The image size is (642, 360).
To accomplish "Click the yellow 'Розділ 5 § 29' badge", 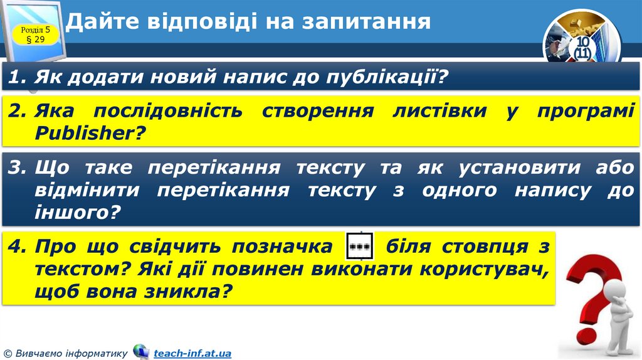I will (x=40, y=34).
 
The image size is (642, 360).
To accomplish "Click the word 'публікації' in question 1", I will (x=384, y=78).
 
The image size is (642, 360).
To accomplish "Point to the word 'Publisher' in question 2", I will (x=85, y=132).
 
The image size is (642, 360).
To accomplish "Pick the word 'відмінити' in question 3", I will (x=87, y=191).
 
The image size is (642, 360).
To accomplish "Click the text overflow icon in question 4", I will (x=360, y=246).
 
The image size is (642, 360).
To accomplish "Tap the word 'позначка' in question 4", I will (x=282, y=247).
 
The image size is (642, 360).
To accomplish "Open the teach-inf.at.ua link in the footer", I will (x=192, y=353).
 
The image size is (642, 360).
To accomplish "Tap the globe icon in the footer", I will (x=140, y=352).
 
